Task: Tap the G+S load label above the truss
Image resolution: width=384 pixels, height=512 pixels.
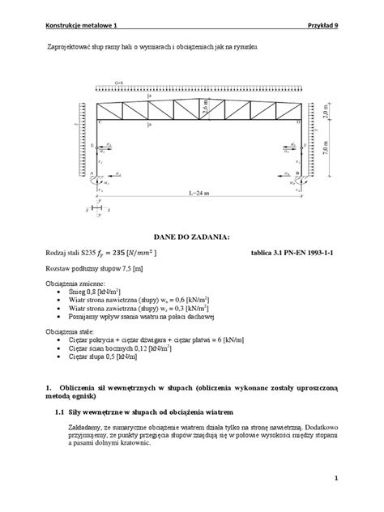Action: click(118, 83)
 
